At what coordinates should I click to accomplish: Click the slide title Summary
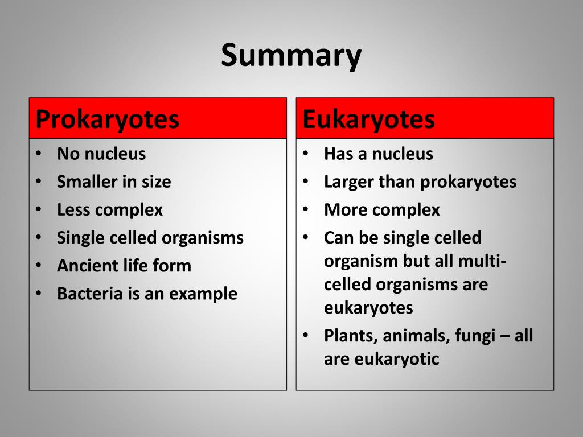click(291, 56)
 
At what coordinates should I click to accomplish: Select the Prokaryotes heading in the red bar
click(108, 119)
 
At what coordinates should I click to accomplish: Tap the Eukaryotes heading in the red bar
click(368, 119)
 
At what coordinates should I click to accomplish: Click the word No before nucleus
click(66, 154)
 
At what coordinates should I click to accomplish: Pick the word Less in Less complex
click(73, 210)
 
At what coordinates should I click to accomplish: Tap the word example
click(206, 294)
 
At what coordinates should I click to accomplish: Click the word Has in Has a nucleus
click(337, 154)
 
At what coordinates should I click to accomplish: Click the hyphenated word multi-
click(483, 261)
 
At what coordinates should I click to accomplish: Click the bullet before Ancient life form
click(38, 266)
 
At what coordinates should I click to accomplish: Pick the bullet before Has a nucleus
click(305, 154)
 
